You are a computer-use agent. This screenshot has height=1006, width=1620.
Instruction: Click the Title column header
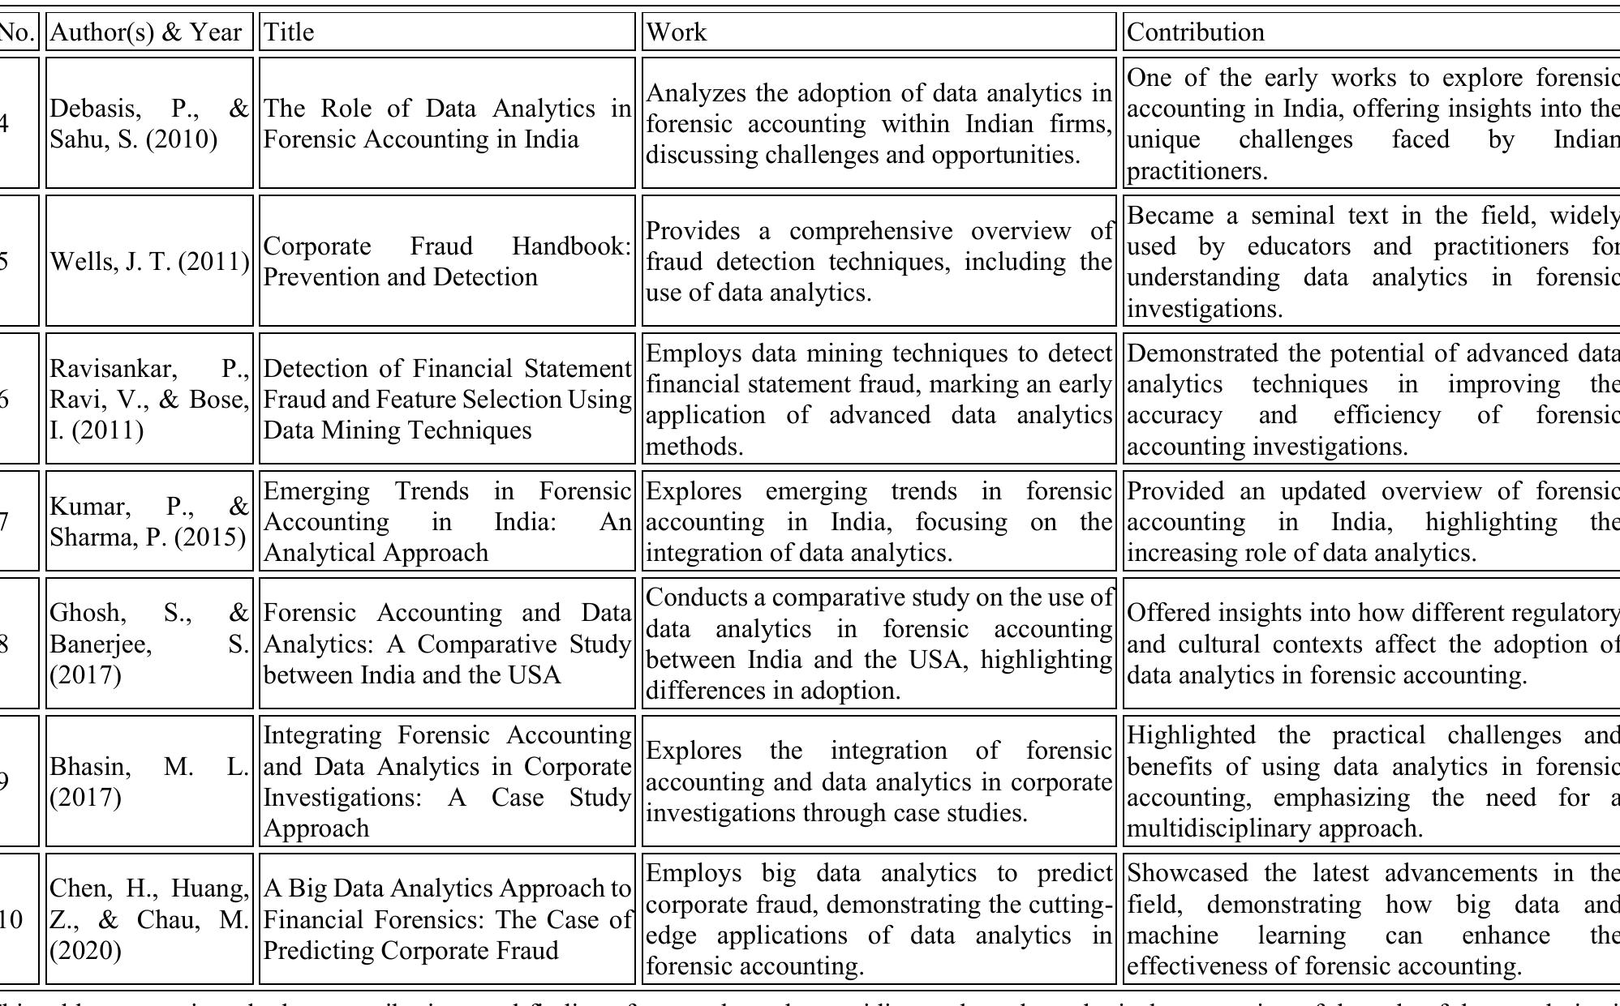click(x=446, y=32)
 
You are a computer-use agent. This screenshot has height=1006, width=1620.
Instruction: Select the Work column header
click(x=879, y=32)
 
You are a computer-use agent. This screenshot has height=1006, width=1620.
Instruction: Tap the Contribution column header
click(x=1371, y=32)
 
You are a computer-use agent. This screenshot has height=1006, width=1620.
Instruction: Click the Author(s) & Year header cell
click(x=149, y=32)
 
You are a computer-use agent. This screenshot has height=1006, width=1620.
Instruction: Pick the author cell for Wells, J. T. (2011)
click(x=149, y=261)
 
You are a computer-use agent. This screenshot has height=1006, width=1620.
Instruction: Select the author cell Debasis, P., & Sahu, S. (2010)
click(x=149, y=123)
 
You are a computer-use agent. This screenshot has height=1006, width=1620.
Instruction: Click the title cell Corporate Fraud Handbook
click(x=446, y=261)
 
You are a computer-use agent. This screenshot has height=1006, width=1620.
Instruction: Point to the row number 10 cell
click(x=11, y=919)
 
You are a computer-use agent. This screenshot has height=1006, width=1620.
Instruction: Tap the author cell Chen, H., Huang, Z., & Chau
click(x=149, y=919)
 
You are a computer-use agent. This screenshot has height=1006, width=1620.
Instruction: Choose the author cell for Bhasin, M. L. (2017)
click(x=149, y=781)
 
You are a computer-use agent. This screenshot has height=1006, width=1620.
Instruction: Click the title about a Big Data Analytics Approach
click(x=446, y=919)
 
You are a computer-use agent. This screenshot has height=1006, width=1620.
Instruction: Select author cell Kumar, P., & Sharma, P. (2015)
click(x=149, y=521)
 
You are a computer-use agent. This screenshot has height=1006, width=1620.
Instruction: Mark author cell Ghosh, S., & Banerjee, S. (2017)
click(x=149, y=644)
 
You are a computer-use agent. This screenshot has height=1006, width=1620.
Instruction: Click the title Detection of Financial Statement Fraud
click(x=446, y=399)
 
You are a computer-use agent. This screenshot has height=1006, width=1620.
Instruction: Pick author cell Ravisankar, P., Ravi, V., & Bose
click(x=149, y=399)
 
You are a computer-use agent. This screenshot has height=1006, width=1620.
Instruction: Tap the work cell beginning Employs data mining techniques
click(x=879, y=399)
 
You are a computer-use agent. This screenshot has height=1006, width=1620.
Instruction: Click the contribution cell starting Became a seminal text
click(x=1371, y=261)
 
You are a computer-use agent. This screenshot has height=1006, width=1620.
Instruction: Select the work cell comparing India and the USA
click(x=879, y=644)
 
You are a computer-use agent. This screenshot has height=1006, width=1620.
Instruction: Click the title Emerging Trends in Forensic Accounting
click(x=446, y=521)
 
